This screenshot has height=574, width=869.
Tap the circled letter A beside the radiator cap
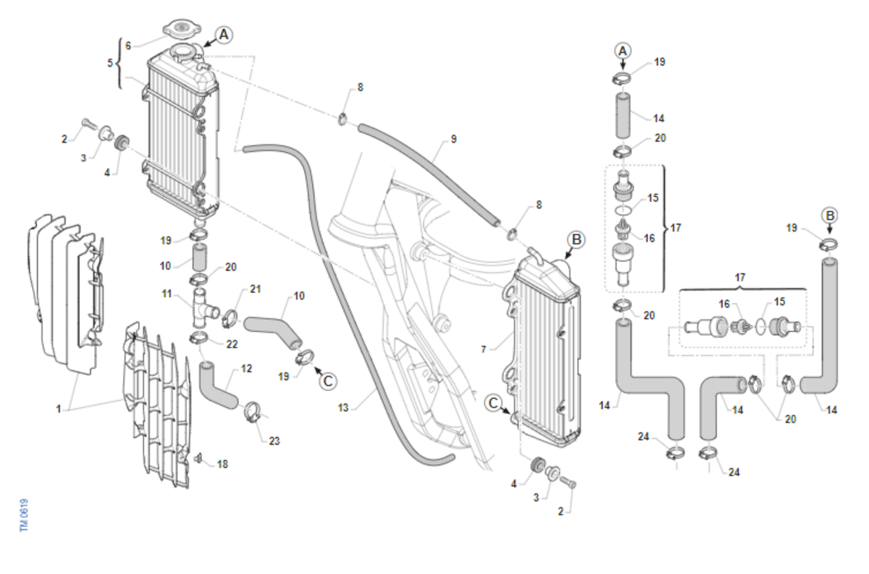tap(224, 35)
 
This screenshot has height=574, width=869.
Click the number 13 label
tap(343, 408)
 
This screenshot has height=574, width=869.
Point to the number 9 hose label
tap(453, 139)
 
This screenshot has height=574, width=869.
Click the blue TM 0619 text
tap(24, 515)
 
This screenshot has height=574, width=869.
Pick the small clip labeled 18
tap(199, 459)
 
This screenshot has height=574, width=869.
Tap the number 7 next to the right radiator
tap(484, 350)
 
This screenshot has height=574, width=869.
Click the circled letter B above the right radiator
tap(576, 240)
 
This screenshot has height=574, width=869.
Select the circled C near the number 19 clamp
tap(328, 381)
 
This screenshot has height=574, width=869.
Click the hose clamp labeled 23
tap(253, 413)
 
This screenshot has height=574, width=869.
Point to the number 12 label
tap(246, 368)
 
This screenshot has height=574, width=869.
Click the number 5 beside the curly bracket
tap(110, 63)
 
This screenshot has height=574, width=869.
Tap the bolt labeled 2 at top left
tap(88, 124)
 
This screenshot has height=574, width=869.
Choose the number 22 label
tap(232, 344)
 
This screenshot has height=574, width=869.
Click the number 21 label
tap(255, 289)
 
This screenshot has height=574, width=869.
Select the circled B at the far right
tap(830, 216)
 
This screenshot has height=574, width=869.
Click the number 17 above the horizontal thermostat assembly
tap(740, 277)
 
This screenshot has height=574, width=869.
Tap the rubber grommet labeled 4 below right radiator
tap(537, 465)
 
